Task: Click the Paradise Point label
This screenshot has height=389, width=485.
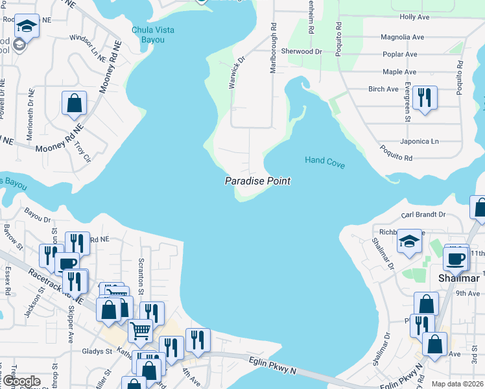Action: [x=257, y=182]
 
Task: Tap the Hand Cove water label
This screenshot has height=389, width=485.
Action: [x=324, y=160]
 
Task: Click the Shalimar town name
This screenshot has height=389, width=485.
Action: [x=458, y=278]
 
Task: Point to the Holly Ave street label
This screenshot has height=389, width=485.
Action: [x=416, y=17]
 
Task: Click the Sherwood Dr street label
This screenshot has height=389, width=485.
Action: [x=302, y=51]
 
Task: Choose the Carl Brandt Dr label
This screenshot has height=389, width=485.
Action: [x=423, y=214]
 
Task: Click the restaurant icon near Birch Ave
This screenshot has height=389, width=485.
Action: [x=425, y=98]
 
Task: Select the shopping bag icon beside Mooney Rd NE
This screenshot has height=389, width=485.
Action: [x=75, y=103]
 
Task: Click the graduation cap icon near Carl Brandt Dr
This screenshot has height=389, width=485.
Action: [x=409, y=241]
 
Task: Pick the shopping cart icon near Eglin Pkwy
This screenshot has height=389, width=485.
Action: [x=140, y=331]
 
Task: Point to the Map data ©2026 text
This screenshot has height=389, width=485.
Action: [x=457, y=384]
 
